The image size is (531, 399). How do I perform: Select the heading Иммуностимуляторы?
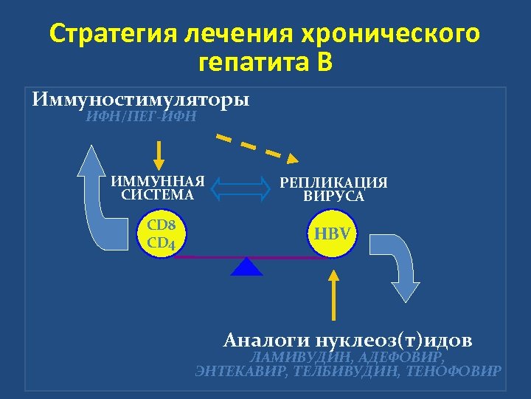point(141,99)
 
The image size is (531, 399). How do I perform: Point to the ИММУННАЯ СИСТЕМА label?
point(157,188)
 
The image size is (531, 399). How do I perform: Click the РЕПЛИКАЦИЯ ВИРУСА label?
point(333,189)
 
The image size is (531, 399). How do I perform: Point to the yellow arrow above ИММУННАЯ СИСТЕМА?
point(161,154)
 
